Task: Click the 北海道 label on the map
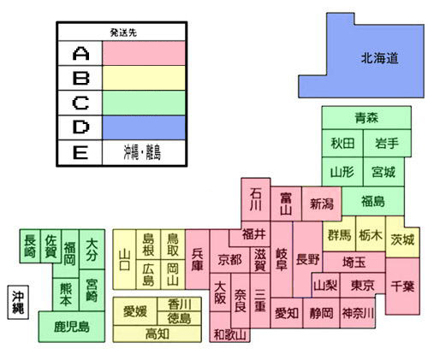click(379, 58)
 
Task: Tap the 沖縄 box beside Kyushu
click(18, 302)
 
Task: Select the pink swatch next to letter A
click(144, 53)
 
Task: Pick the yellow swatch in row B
click(144, 78)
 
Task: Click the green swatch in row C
click(144, 103)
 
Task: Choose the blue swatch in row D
click(144, 127)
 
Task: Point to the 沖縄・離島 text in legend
click(142, 152)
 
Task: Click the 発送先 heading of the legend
click(123, 32)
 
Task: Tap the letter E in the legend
click(80, 152)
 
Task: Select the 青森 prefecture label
click(366, 117)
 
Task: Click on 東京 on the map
click(362, 286)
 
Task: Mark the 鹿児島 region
click(72, 327)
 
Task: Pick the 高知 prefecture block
click(158, 333)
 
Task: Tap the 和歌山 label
click(229, 334)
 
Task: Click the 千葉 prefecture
click(402, 286)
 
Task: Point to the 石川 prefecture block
click(256, 199)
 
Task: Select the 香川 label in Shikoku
click(180, 304)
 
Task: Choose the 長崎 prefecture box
click(30, 246)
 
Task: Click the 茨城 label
click(402, 239)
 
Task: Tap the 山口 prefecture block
click(124, 259)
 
